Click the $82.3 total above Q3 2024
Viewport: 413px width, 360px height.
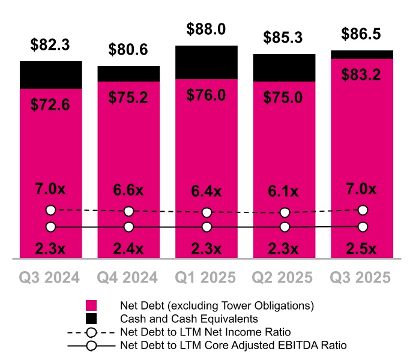51,44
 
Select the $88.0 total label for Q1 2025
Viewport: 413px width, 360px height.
207,29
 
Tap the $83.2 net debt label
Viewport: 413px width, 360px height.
363,75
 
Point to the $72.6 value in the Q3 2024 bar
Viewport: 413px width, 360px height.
51,105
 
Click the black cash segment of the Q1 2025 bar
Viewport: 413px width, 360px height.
207,62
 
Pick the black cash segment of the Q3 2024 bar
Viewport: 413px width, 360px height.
51,74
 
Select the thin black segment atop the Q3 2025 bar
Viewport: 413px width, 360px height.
363,55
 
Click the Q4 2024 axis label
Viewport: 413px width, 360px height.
128,277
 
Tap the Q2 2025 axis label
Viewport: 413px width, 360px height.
285,277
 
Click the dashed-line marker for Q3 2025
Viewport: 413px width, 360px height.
363,210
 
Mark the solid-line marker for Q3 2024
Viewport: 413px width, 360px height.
51,227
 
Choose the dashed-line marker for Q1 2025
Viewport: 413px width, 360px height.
207,212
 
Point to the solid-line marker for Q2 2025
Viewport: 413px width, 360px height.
285,227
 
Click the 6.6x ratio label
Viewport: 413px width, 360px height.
128,190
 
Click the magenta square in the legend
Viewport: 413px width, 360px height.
91,305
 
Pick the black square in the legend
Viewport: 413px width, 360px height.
91,319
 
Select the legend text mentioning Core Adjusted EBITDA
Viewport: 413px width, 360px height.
233,345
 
